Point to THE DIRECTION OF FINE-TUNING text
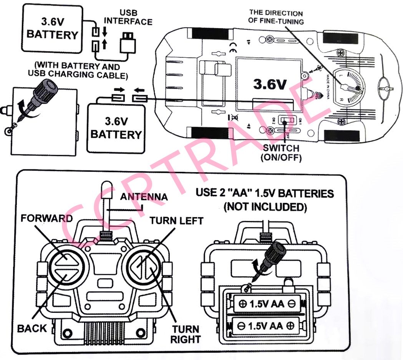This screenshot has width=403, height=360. pos(275,17)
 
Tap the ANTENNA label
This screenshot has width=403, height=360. pos(144,197)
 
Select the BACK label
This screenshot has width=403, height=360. pos(32,328)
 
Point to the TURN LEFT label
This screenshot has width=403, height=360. pos(176,221)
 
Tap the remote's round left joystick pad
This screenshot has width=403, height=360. pos(67,265)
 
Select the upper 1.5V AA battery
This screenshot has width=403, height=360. pos(267,304)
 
